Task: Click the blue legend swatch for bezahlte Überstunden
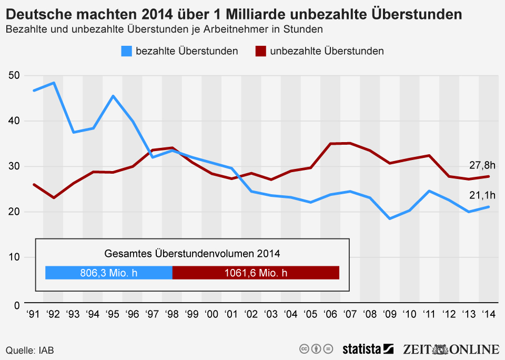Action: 127,51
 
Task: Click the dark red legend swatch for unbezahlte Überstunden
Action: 261,51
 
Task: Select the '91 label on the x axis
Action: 33,315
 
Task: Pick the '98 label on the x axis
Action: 172,315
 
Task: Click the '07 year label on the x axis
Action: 350,315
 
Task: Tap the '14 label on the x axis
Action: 489,315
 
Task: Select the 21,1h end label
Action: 482,196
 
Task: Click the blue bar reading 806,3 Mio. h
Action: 109,273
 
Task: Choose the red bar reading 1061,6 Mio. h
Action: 256,273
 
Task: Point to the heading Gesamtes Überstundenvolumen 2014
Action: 192,253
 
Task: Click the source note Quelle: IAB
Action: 30,350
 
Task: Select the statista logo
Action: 368,349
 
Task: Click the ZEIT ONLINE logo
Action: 451,349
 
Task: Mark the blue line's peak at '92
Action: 53,83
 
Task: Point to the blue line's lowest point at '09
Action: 390,218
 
